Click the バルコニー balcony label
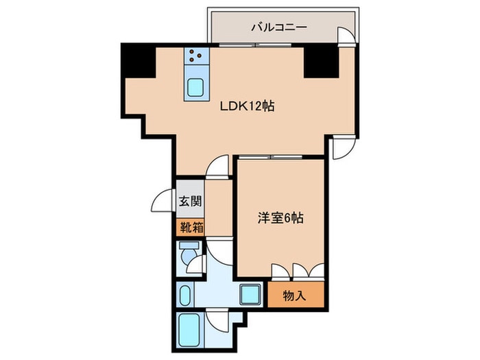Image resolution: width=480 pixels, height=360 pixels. [278, 29]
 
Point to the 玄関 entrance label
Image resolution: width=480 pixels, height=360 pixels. [190, 202]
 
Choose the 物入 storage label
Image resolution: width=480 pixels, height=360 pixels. [294, 296]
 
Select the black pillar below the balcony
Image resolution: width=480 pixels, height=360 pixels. [321, 60]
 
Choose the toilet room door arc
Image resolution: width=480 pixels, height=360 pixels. [199, 264]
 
